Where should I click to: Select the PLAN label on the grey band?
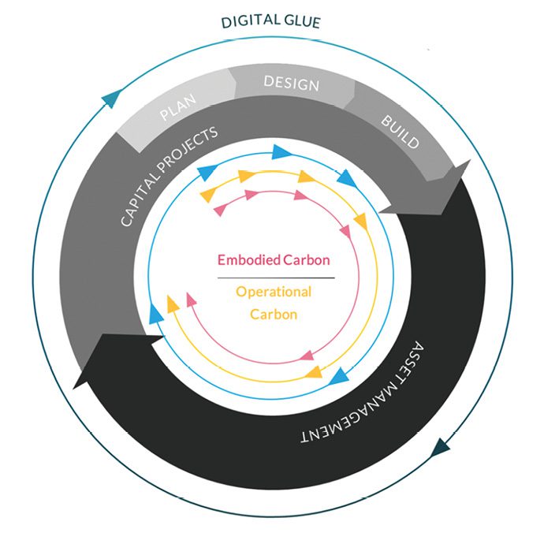[178, 108]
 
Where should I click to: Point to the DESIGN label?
[291, 83]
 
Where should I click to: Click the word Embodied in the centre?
[249, 259]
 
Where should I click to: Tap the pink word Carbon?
[307, 259]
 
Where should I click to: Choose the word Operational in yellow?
[274, 292]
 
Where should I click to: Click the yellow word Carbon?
[274, 314]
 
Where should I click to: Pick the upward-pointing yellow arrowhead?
[171, 303]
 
